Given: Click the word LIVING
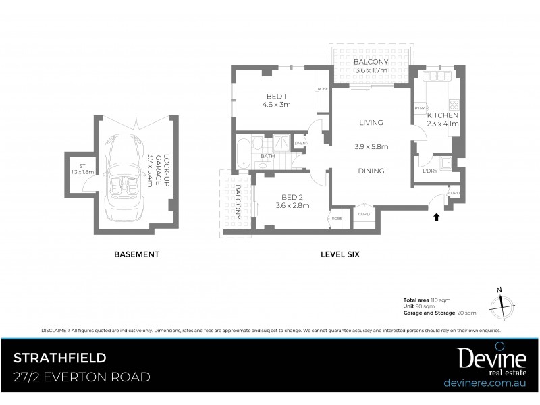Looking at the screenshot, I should [x=371, y=123].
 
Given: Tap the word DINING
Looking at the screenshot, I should [x=371, y=171].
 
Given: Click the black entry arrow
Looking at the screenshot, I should [x=437, y=217].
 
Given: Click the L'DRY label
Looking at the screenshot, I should [x=431, y=171].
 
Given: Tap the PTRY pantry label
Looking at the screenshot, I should [x=419, y=108].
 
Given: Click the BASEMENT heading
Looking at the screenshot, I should [x=136, y=254].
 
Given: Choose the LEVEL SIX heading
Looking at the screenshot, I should [x=340, y=254].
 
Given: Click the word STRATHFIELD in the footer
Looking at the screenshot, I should [x=59, y=357].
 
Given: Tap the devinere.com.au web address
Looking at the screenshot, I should [x=485, y=383].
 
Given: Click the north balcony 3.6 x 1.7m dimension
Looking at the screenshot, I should [x=370, y=71].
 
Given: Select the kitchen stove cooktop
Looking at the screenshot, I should [x=454, y=105].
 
